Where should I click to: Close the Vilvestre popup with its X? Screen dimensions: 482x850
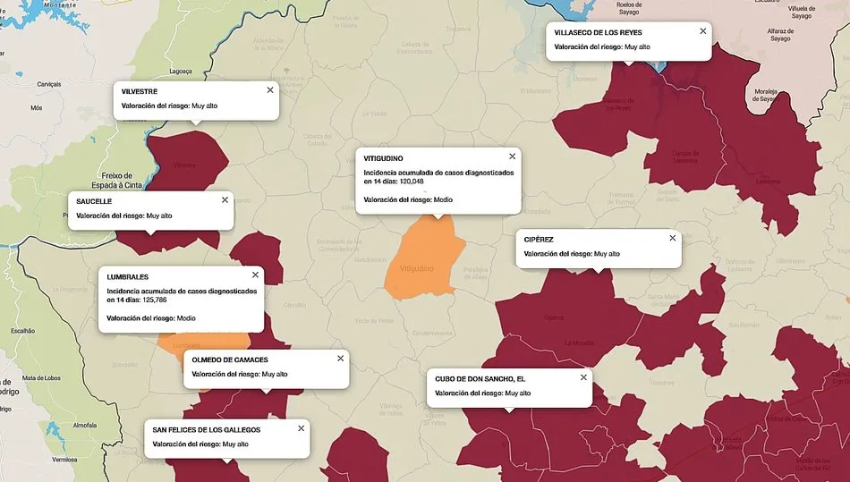pos(270,89)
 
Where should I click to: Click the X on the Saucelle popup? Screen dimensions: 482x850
pos(225,199)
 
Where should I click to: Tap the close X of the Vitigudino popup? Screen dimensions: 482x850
pos(512,156)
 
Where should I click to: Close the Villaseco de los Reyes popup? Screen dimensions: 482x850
pos(703,31)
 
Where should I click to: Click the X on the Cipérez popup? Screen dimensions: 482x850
pos(673,238)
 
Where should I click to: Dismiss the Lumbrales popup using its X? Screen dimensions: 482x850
pos(255,275)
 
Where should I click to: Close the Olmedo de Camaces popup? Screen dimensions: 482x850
pos(340,359)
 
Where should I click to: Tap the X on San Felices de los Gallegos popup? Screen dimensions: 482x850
pos(301,428)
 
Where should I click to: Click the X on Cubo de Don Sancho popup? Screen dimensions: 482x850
pos(583,377)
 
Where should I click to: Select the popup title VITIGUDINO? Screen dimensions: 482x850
pos(384,158)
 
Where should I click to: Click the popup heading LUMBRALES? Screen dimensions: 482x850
pos(128,277)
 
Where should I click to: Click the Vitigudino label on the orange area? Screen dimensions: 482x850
pos(417,268)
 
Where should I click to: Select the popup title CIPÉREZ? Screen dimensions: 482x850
pos(539,240)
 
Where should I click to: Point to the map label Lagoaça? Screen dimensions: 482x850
pos(181,71)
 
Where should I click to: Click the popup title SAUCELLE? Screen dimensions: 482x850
pos(94,201)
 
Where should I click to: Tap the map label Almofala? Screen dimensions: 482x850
pos(85,425)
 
